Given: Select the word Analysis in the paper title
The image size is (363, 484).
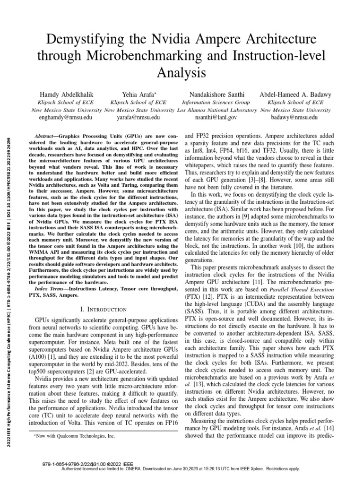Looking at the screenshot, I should click(x=181, y=73).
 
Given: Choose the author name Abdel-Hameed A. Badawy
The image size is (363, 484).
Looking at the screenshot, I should click(x=295, y=94).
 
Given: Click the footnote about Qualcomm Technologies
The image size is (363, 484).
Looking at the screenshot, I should click(x=76, y=436).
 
